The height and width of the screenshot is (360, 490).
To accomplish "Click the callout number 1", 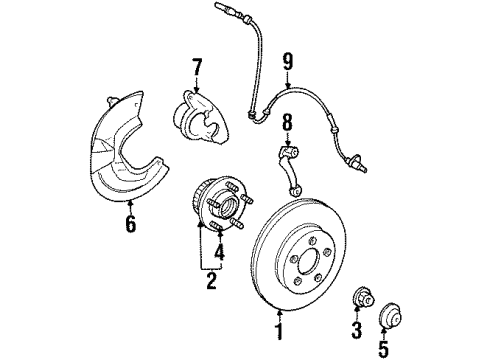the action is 279,332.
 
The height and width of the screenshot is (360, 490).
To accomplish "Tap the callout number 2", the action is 211,281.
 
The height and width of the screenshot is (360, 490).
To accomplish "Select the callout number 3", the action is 357,330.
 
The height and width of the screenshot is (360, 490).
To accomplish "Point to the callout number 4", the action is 219,252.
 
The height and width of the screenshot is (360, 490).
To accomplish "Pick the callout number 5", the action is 384,349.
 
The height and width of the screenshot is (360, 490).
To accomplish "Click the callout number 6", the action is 131,223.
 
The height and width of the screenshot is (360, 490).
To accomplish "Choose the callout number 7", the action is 197,67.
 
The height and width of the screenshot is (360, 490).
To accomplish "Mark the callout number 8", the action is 287,122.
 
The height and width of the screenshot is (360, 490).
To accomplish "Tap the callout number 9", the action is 288,63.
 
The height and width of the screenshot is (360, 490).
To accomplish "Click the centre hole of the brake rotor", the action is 308,261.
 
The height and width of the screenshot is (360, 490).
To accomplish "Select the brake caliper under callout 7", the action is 201,118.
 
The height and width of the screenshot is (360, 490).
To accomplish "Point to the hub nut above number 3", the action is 363,297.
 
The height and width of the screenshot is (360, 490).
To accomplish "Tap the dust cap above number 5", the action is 391,315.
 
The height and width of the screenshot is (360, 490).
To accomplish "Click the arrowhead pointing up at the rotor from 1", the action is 279,313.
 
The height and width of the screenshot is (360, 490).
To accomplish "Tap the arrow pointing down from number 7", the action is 196,84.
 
